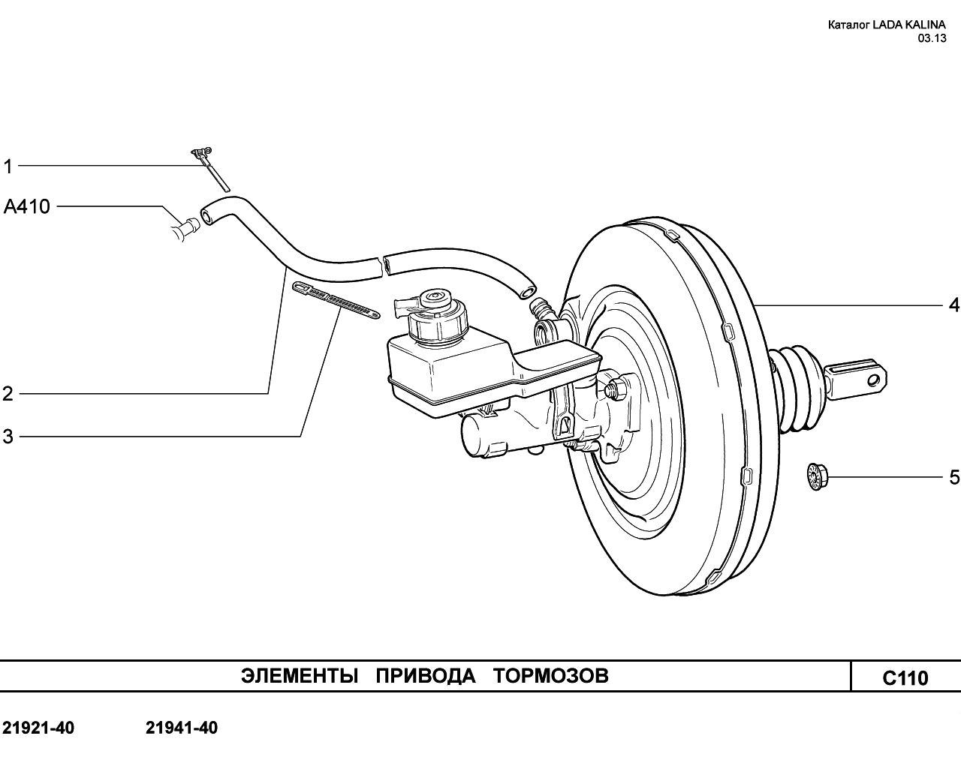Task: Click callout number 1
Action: tap(8, 167)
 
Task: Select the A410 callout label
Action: tap(27, 207)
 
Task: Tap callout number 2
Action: tap(8, 394)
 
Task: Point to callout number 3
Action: tap(8, 437)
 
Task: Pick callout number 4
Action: tap(953, 305)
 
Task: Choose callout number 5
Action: tap(953, 478)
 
